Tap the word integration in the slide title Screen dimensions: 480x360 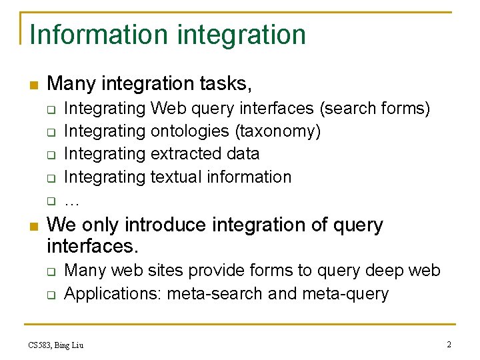[243, 35]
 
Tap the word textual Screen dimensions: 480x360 [176, 177]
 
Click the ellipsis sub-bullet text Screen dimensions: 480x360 [71, 200]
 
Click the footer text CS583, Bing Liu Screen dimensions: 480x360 [56, 345]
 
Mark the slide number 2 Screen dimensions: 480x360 [449, 345]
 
